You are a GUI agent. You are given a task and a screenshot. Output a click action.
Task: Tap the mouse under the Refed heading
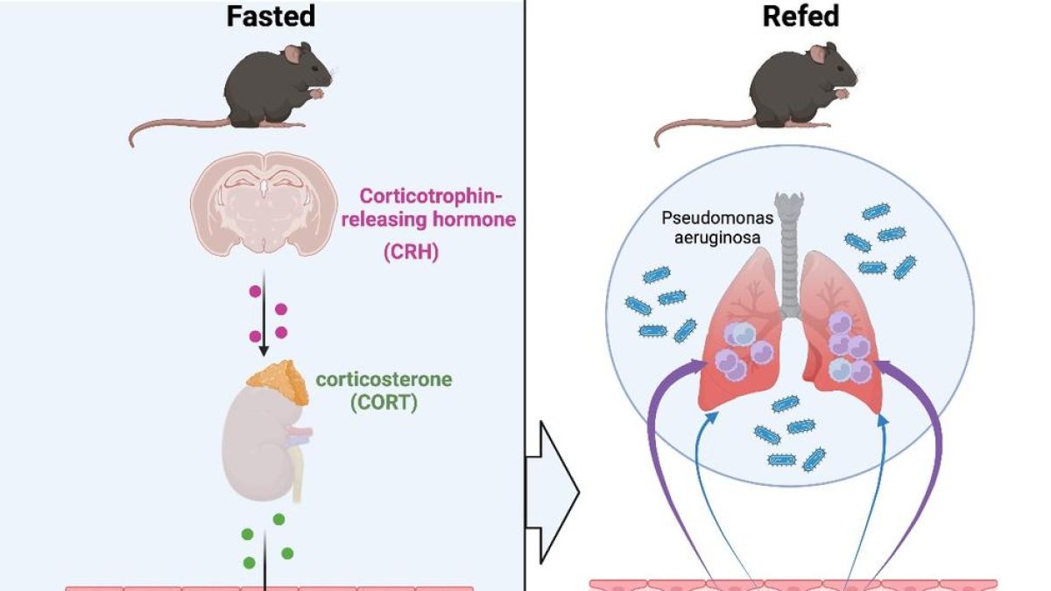(797, 88)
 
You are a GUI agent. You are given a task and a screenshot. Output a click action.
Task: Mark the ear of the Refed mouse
(815, 54)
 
